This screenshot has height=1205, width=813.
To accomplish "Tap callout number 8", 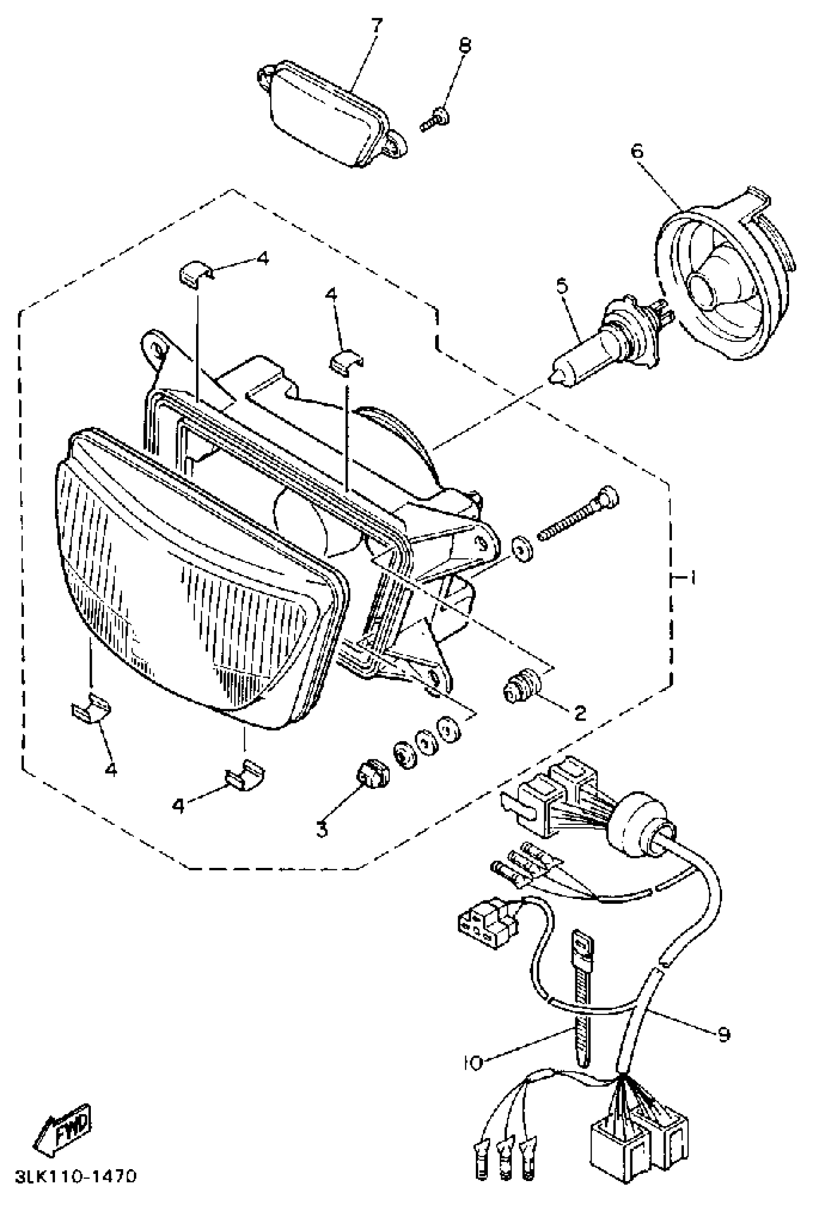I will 465,45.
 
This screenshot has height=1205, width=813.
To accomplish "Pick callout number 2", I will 580,713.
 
